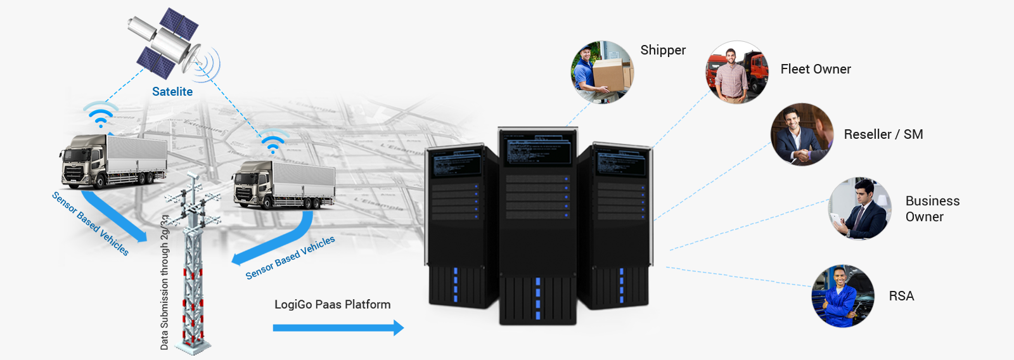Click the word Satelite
[172, 92]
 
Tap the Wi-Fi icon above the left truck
[100, 115]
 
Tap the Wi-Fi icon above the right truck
[273, 143]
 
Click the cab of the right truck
[250, 186]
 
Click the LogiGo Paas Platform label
[332, 305]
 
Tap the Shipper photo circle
[601, 72]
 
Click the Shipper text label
[663, 51]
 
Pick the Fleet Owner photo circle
[737, 72]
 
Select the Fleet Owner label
[816, 69]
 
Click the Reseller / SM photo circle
[802, 134]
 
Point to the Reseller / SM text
[883, 134]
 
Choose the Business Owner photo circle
[860, 209]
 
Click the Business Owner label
[932, 209]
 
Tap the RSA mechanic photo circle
[843, 296]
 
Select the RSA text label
[901, 296]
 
